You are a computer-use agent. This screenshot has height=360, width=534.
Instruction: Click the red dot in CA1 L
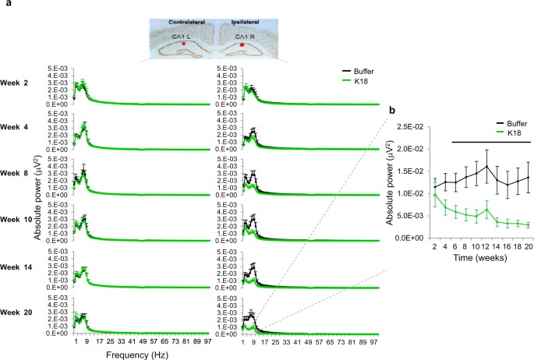click(184, 45)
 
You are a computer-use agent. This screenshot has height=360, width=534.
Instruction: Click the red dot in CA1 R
click(242, 45)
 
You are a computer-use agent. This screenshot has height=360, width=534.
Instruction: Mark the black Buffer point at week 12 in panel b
click(486, 166)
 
